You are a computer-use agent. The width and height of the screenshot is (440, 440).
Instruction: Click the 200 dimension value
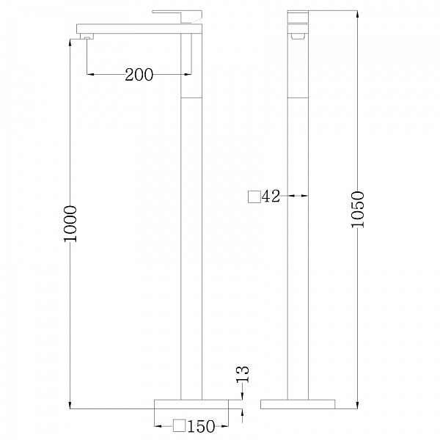pyautogui.click(x=139, y=75)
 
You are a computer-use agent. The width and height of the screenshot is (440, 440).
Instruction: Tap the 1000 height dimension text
pyautogui.click(x=70, y=224)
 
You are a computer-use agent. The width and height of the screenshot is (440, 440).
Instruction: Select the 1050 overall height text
pyautogui.click(x=358, y=209)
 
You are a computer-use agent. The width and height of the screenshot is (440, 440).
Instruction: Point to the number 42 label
pyautogui.click(x=271, y=196)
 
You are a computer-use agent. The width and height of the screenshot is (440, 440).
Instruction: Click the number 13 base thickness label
pyautogui.click(x=243, y=374)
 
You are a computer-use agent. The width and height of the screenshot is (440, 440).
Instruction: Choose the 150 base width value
pyautogui.click(x=201, y=426)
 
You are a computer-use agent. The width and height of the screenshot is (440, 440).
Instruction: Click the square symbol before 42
pyautogui.click(x=254, y=197)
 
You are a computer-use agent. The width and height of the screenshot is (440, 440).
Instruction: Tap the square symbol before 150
pyautogui.click(x=180, y=425)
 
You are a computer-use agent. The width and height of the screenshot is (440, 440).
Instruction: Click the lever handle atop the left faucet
pyautogui.click(x=177, y=17)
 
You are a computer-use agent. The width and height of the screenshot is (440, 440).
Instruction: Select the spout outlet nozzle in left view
pyautogui.click(x=87, y=37)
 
